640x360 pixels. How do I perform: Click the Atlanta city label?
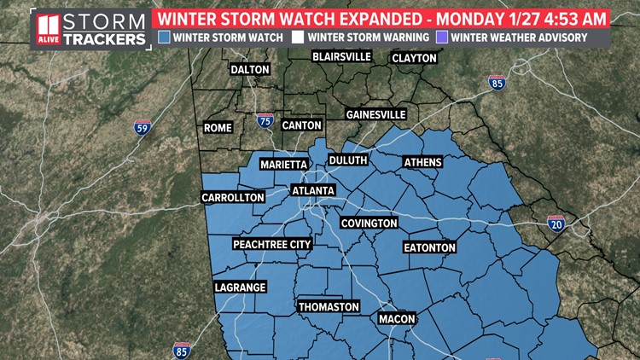click(313, 190)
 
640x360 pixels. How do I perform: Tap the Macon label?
click(397, 319)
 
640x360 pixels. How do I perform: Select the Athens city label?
click(422, 161)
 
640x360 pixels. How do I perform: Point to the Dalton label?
click(249, 70)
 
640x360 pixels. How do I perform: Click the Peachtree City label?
click(272, 244)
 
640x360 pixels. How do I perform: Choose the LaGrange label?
click(240, 287)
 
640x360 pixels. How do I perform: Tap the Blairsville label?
click(341, 56)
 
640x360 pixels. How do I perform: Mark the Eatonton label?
click(429, 247)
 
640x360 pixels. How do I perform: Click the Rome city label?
click(218, 127)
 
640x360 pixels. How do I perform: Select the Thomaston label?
click(329, 306)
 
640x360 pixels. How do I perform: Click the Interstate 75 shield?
click(265, 121)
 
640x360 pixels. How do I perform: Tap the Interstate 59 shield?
click(143, 128)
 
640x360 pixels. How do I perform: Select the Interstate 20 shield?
click(556, 224)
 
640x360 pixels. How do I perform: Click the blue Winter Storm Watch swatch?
click(163, 37)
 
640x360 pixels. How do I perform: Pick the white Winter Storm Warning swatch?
click(297, 37)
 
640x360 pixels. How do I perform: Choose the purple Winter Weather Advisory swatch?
click(440, 37)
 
